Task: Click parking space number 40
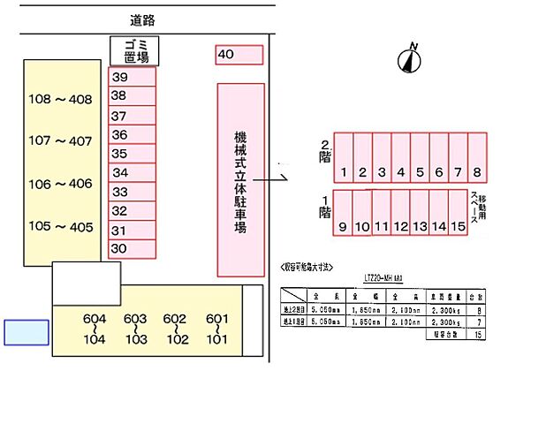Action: click(239, 55)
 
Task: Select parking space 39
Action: click(131, 77)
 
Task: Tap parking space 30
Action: click(131, 249)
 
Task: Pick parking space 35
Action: click(131, 154)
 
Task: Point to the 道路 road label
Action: click(141, 19)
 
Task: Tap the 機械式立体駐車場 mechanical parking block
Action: click(240, 179)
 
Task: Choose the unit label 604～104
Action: click(95, 329)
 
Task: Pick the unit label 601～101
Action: click(216, 329)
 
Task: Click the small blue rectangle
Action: click(27, 332)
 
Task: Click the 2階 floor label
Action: click(325, 151)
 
